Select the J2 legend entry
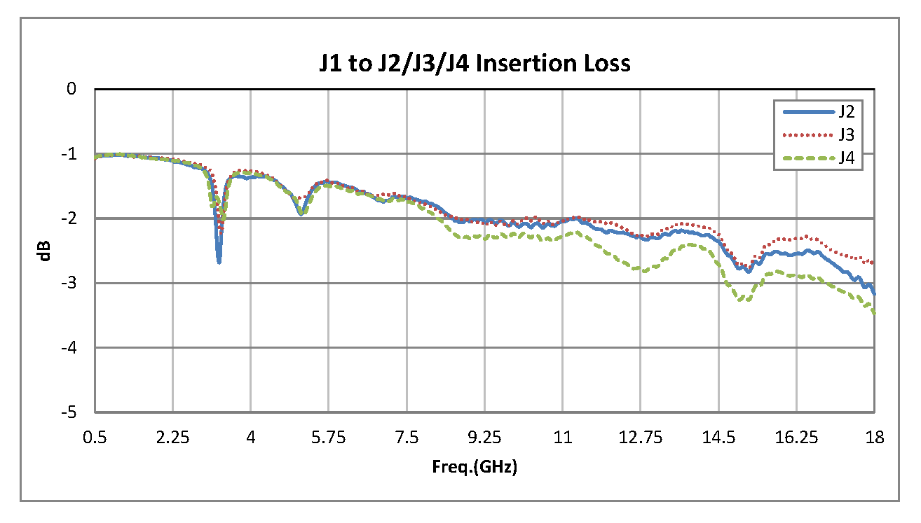coord(845,111)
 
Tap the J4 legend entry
coord(845,158)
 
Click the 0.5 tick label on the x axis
coord(95,438)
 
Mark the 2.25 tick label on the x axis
coord(172,438)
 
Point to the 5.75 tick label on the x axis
coord(329,438)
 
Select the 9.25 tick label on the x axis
coord(484,438)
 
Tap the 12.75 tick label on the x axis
coord(640,438)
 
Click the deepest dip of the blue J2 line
coord(219,262)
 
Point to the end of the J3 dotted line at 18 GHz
coord(873,263)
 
